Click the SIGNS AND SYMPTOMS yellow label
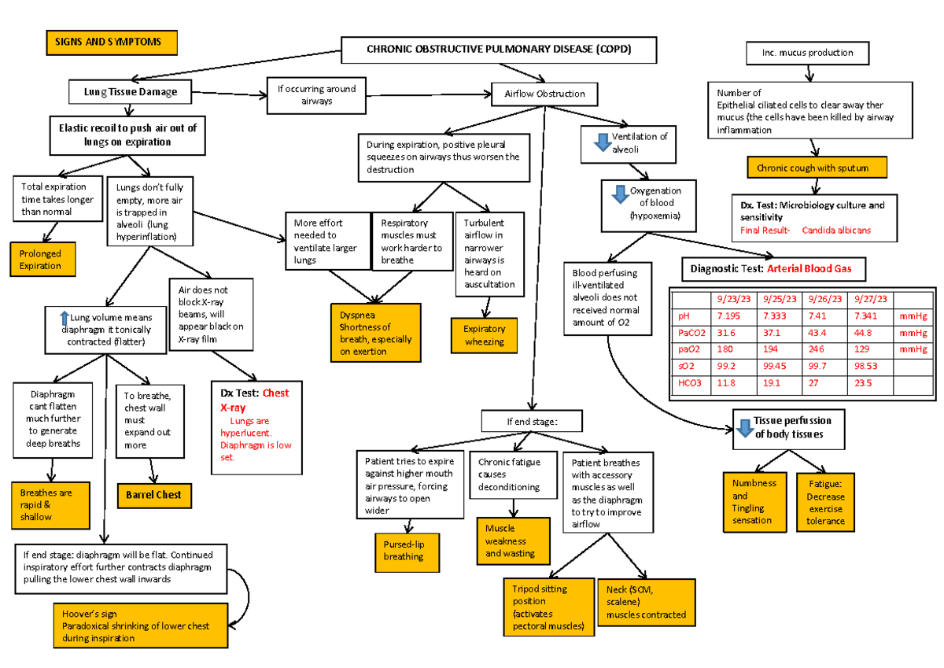(x=111, y=42)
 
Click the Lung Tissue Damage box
(x=131, y=92)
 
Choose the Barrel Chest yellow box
(x=153, y=495)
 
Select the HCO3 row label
(x=689, y=382)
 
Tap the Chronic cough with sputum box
(x=818, y=168)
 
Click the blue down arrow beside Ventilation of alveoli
(x=601, y=142)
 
